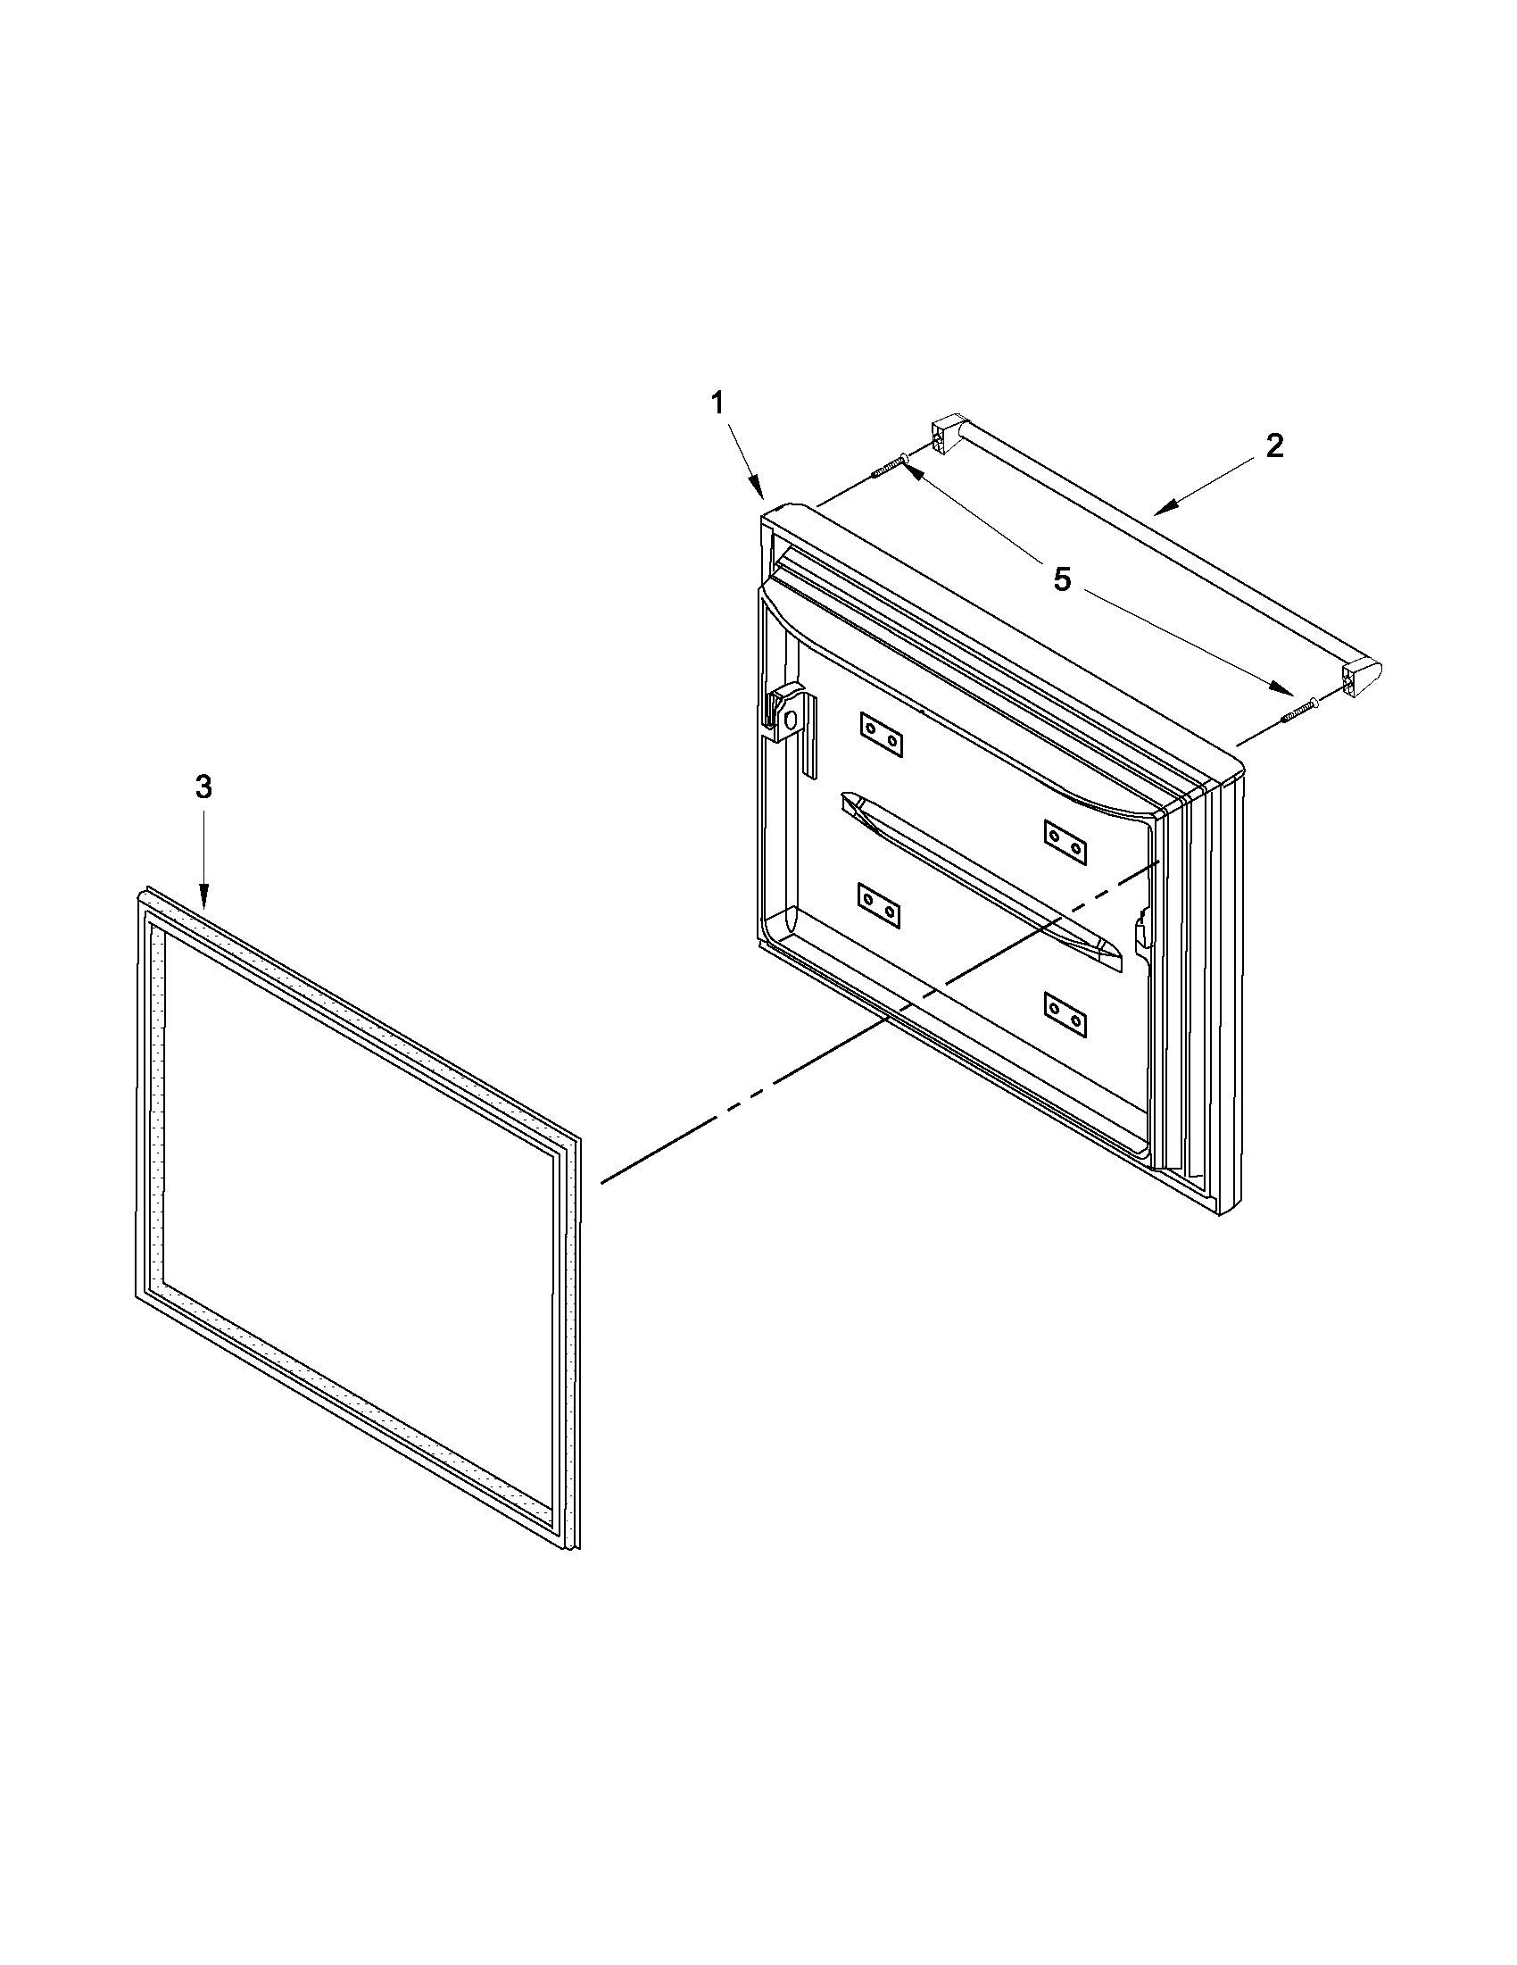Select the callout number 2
pyautogui.click(x=1275, y=446)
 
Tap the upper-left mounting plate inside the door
pyautogui.click(x=882, y=735)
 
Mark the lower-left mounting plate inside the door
pyautogui.click(x=882, y=905)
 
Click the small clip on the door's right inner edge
pyautogui.click(x=1142, y=932)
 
